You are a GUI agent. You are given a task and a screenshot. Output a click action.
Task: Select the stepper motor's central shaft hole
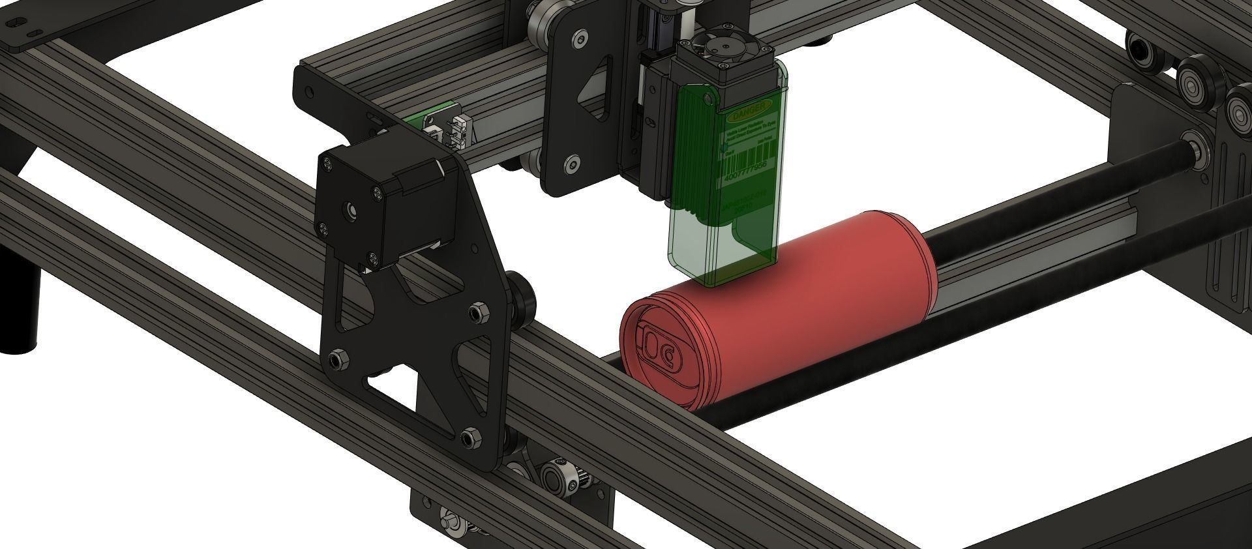coord(351,210)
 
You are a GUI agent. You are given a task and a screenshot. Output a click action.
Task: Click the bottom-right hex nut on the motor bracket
coord(468,436)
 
